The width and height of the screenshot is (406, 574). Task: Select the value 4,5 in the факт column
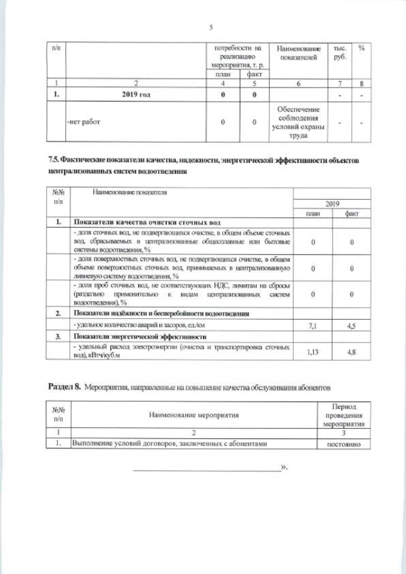pos(351,325)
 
